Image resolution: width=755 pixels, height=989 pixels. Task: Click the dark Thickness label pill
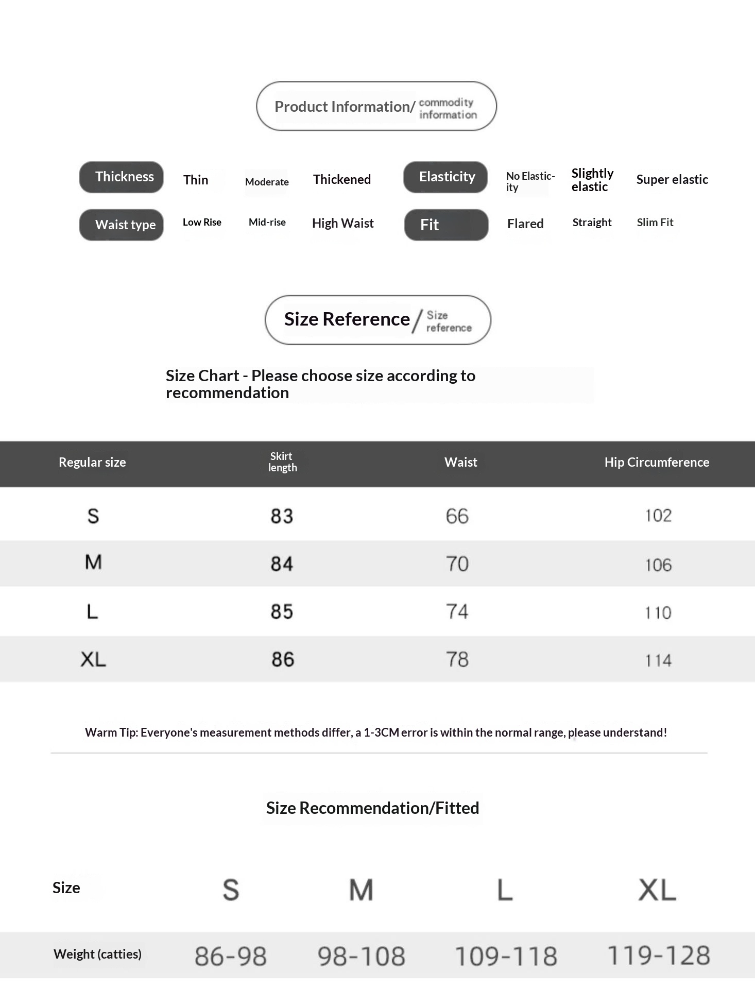click(122, 177)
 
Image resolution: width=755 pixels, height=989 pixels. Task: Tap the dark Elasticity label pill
click(445, 177)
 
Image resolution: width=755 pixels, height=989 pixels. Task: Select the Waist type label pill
click(122, 225)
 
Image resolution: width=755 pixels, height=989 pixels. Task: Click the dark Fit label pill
click(446, 225)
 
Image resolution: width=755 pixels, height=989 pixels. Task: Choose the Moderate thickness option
click(267, 182)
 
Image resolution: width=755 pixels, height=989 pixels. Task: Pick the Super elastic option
click(672, 180)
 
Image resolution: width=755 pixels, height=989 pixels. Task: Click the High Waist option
click(343, 224)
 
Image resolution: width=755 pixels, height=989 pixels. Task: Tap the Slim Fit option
click(655, 223)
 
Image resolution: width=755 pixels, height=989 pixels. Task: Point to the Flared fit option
click(525, 224)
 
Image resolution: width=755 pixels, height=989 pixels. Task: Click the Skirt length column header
click(282, 462)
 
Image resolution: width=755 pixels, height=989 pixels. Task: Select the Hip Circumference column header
click(657, 463)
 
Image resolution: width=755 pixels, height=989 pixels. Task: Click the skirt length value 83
click(282, 516)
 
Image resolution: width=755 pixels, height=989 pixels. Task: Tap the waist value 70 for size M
click(457, 564)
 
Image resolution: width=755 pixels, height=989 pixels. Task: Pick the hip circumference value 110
click(658, 612)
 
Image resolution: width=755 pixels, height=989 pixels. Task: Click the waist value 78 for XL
click(457, 660)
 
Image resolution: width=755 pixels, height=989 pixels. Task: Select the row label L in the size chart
click(93, 612)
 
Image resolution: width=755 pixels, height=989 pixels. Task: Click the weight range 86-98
click(231, 956)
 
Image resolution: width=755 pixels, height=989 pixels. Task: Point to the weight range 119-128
click(659, 956)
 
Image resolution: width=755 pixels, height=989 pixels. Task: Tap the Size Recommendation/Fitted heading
click(372, 808)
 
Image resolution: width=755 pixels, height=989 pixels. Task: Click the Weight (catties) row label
click(97, 954)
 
